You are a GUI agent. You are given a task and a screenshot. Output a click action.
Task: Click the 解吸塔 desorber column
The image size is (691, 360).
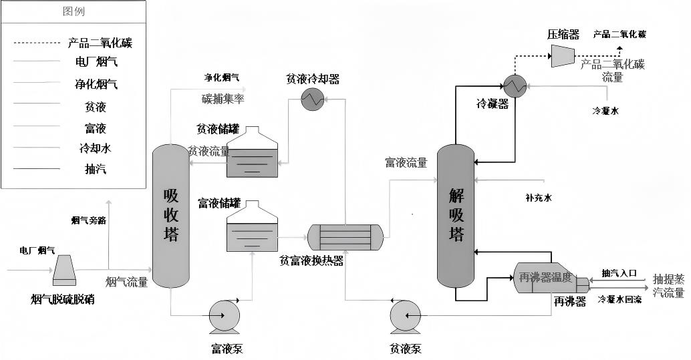click(x=456, y=216)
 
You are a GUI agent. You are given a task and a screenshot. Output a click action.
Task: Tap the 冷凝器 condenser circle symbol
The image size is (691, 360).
click(x=515, y=83)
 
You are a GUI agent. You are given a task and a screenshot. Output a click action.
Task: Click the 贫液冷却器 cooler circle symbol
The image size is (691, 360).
click(x=311, y=100)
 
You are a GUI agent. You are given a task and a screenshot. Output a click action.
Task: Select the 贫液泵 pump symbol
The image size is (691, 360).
click(x=406, y=316)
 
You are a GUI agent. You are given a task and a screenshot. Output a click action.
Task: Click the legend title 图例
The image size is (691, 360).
click(x=74, y=12)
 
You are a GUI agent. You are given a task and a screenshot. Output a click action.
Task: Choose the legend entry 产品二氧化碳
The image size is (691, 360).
click(x=100, y=43)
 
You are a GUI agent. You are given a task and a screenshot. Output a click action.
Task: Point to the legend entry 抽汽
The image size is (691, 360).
click(x=96, y=169)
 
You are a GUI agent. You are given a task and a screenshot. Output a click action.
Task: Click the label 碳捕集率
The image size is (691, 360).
click(x=223, y=99)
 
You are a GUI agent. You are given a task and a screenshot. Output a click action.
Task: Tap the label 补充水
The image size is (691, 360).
click(x=539, y=198)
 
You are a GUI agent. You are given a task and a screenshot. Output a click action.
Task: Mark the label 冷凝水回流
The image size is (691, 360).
click(x=619, y=300)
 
